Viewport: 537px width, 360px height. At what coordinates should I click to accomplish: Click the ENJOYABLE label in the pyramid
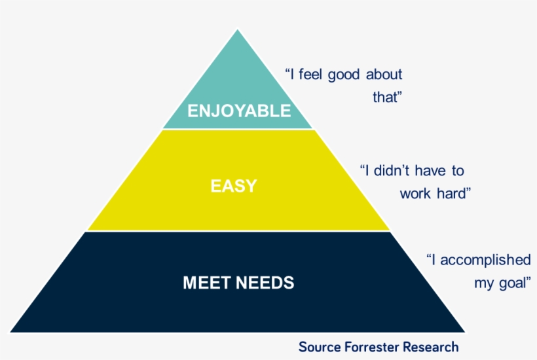click(239, 111)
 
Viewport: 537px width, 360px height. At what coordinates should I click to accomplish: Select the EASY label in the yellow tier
click(233, 186)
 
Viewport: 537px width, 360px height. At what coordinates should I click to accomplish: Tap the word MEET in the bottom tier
click(206, 283)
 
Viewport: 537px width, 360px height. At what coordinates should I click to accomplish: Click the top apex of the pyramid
click(238, 29)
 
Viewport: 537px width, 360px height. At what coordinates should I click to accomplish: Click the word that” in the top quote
click(386, 98)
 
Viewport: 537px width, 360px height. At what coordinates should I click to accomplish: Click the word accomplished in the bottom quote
click(485, 260)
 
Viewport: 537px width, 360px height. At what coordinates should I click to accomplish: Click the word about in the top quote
click(384, 74)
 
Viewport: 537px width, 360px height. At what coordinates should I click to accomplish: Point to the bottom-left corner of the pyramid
click(11, 332)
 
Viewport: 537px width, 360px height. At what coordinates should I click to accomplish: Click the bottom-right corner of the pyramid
click(465, 332)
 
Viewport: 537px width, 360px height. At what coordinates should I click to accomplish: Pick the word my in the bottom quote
click(483, 283)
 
